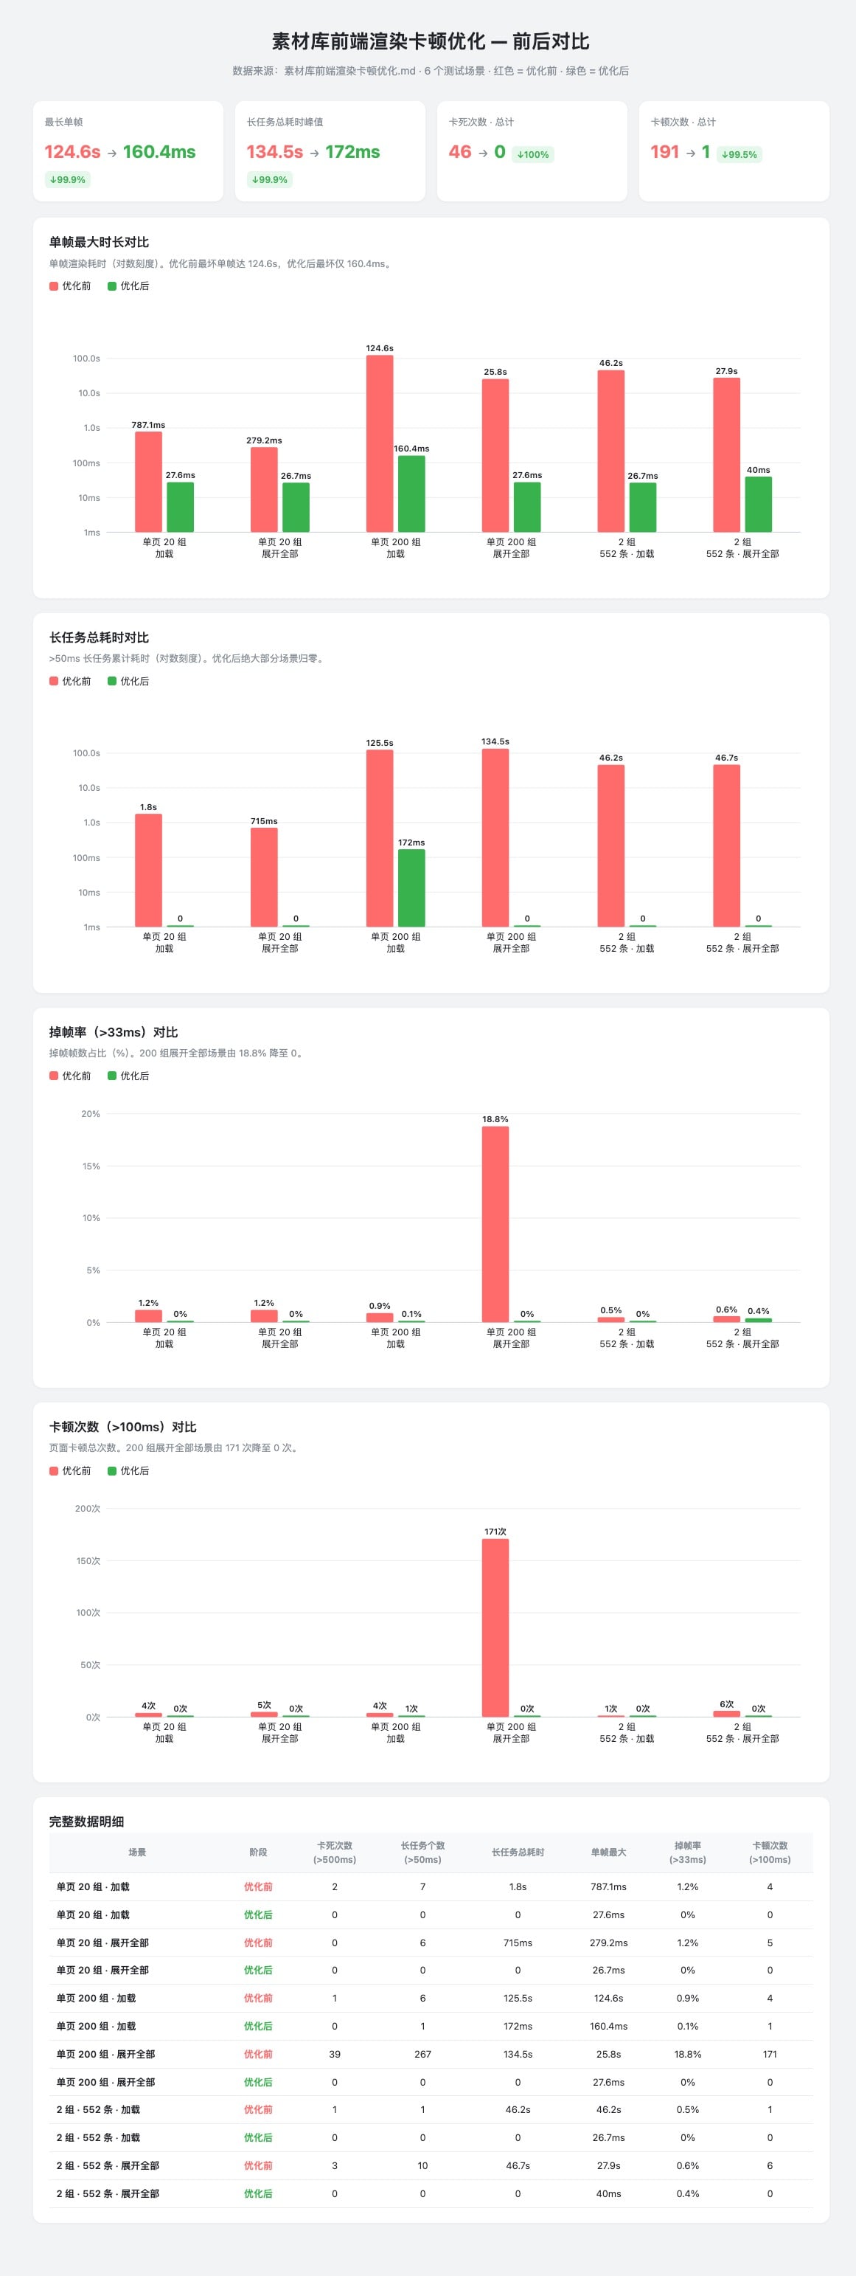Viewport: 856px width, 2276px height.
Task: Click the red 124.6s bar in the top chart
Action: (380, 443)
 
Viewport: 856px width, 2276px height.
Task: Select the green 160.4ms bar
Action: (411, 494)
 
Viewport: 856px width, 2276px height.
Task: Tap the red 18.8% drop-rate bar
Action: (495, 1225)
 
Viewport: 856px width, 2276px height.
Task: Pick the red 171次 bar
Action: (495, 1628)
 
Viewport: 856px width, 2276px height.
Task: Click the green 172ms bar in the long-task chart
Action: (411, 888)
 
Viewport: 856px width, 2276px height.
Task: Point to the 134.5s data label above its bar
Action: (495, 741)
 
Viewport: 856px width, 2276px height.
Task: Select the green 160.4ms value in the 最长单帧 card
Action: (159, 152)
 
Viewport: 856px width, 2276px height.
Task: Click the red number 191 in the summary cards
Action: (664, 152)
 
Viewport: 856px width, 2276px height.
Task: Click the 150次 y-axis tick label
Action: (88, 1561)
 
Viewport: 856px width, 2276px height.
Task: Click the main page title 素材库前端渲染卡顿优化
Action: (378, 41)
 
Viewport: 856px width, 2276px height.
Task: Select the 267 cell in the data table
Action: (422, 2054)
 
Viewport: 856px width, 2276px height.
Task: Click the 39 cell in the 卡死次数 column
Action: (335, 2054)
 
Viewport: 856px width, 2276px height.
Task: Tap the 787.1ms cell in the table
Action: (609, 1886)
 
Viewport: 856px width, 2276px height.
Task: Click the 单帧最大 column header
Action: (609, 1852)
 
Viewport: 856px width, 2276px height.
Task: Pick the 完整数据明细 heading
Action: (86, 1822)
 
